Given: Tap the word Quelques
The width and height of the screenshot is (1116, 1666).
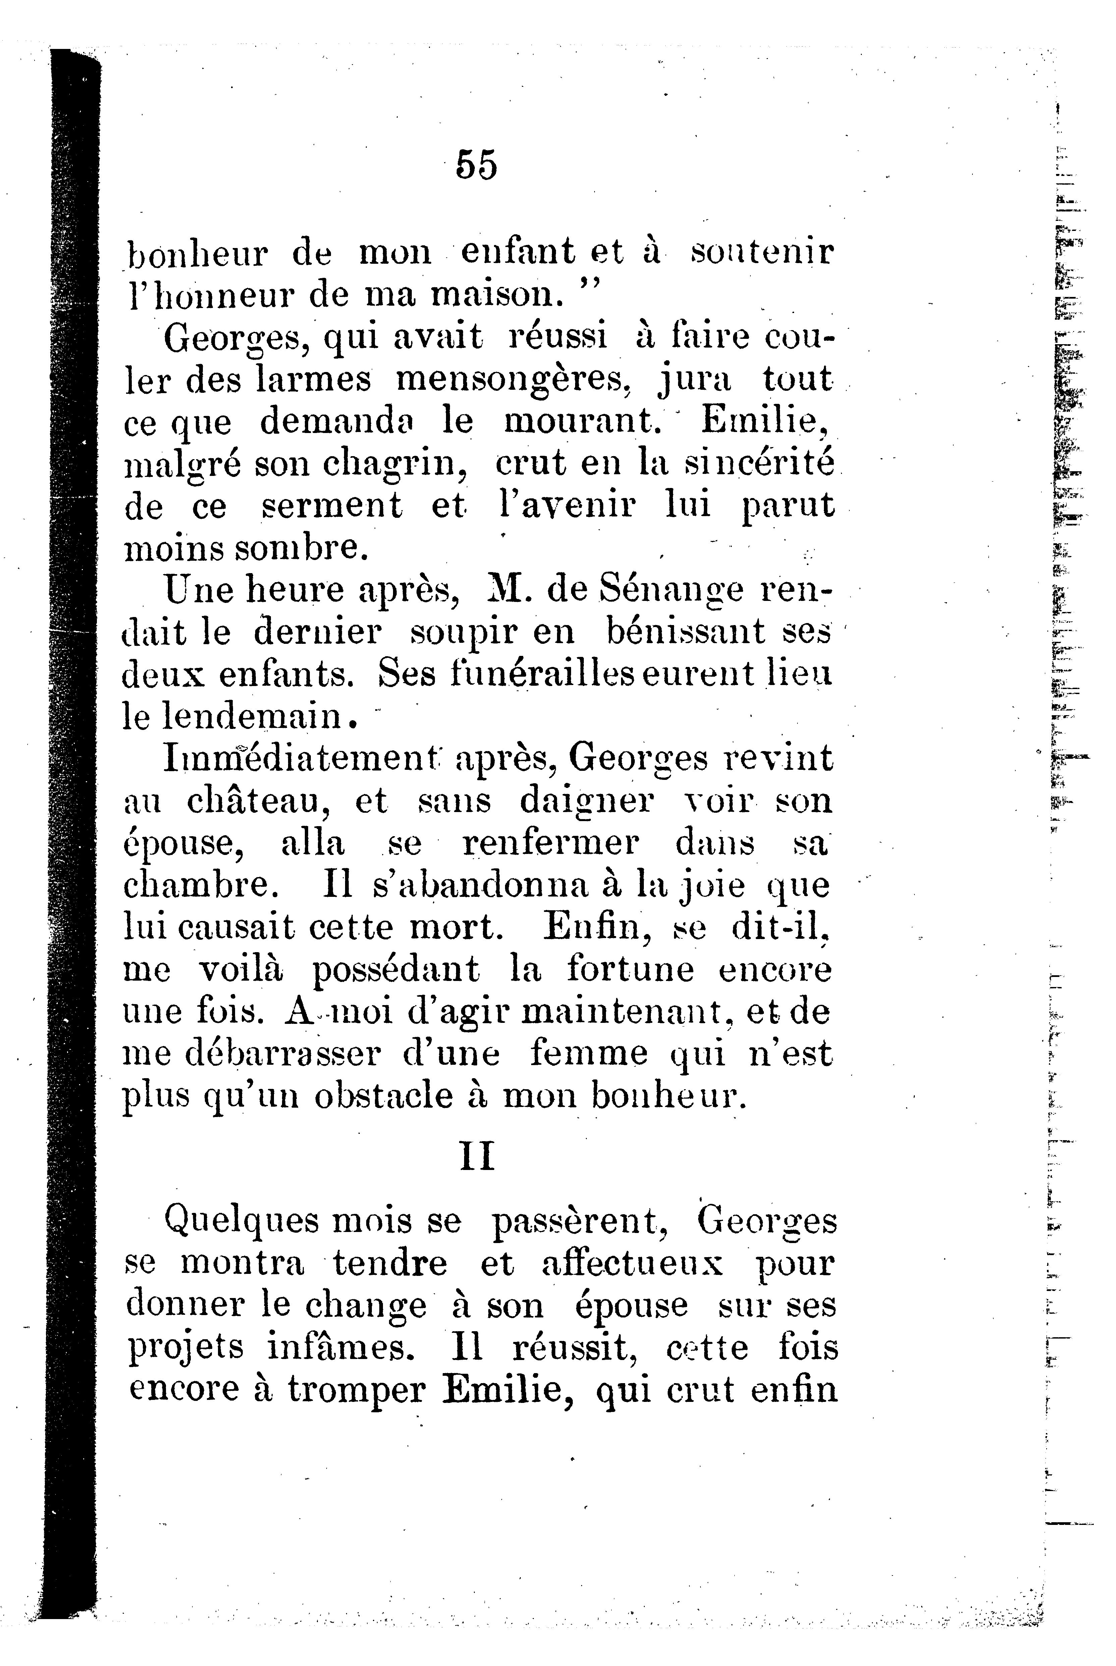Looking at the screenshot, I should tap(240, 1221).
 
